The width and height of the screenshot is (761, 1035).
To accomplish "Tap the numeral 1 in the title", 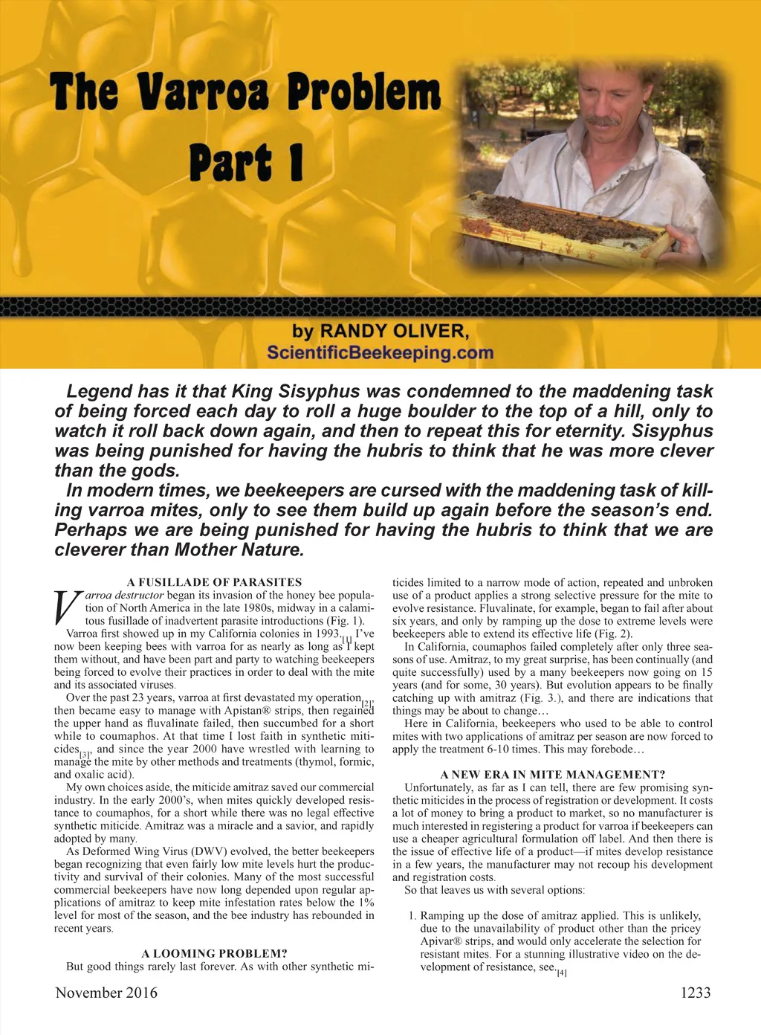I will click(296, 162).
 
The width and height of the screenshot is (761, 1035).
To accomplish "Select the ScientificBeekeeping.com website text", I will click(380, 352).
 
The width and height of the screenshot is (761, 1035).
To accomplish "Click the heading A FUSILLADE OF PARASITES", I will click(214, 582).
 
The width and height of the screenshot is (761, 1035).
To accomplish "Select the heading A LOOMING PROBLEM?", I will click(214, 953).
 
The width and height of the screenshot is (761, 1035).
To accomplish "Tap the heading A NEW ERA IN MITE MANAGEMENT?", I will click(552, 775).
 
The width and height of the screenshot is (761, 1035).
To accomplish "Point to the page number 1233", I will click(696, 993).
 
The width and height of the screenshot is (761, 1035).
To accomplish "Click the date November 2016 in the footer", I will click(106, 993).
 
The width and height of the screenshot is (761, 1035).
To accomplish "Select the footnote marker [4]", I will click(562, 973).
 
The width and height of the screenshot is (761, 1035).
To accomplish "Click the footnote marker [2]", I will click(367, 702).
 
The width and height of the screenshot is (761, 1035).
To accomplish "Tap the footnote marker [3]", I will click(85, 753).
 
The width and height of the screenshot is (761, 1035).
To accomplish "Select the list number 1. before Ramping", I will click(412, 916).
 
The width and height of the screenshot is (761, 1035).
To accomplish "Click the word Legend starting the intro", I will click(95, 392).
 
